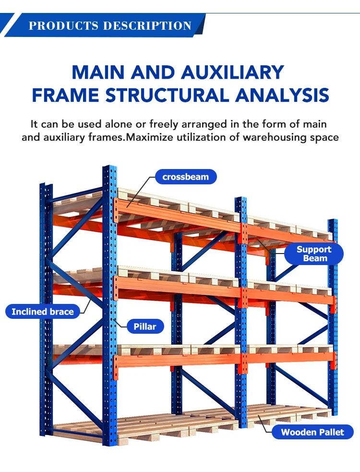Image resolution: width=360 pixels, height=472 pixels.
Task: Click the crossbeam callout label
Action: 186,177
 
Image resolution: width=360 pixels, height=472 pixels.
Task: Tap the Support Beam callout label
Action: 314,254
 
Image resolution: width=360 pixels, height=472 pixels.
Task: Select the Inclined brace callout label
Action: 43,312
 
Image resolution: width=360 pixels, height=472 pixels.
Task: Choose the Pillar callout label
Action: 145,327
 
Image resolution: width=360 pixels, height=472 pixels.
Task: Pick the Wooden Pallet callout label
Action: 312,432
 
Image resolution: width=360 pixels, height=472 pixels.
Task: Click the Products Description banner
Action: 110,25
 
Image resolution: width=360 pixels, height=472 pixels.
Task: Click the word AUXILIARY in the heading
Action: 233,72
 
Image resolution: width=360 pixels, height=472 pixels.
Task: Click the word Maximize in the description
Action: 153,137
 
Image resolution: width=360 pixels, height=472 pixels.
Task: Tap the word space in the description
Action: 322,137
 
